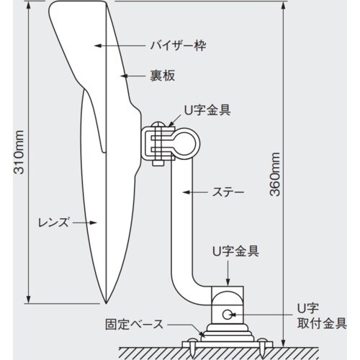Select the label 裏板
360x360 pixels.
[x=163, y=74]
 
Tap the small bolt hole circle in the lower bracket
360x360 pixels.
[x=228, y=313]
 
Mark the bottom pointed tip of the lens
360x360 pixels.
[x=106, y=301]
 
